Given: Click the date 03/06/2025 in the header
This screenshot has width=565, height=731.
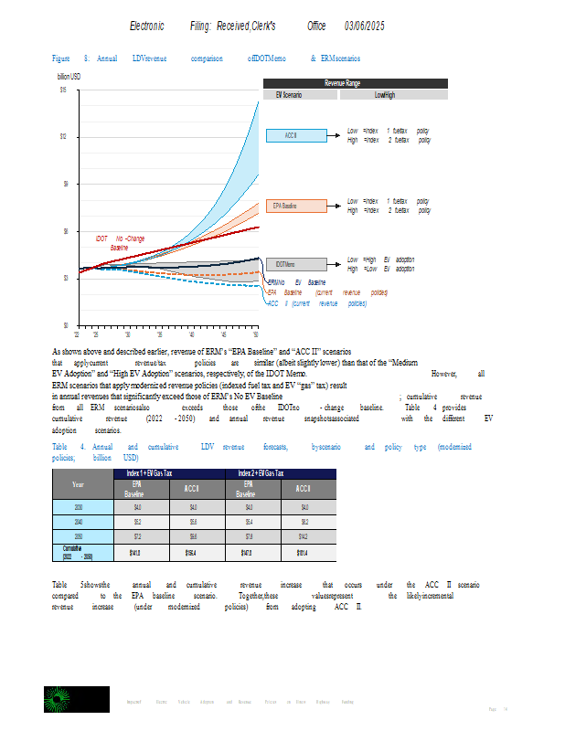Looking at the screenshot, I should point(365,26).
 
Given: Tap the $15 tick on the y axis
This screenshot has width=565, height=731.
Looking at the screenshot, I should point(62,90).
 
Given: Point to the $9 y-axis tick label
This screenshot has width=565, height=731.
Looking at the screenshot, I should point(63,184).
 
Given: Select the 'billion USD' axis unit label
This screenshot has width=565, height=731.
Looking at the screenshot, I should point(69,77).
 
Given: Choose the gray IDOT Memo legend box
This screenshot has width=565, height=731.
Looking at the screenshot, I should point(292,265).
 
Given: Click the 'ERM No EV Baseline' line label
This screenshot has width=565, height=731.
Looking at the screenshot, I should point(296,282).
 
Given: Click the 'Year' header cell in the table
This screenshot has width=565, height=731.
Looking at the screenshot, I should point(79,485).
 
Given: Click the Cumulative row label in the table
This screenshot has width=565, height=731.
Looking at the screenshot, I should point(79,552).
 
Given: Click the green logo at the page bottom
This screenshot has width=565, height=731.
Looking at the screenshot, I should point(64,700).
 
